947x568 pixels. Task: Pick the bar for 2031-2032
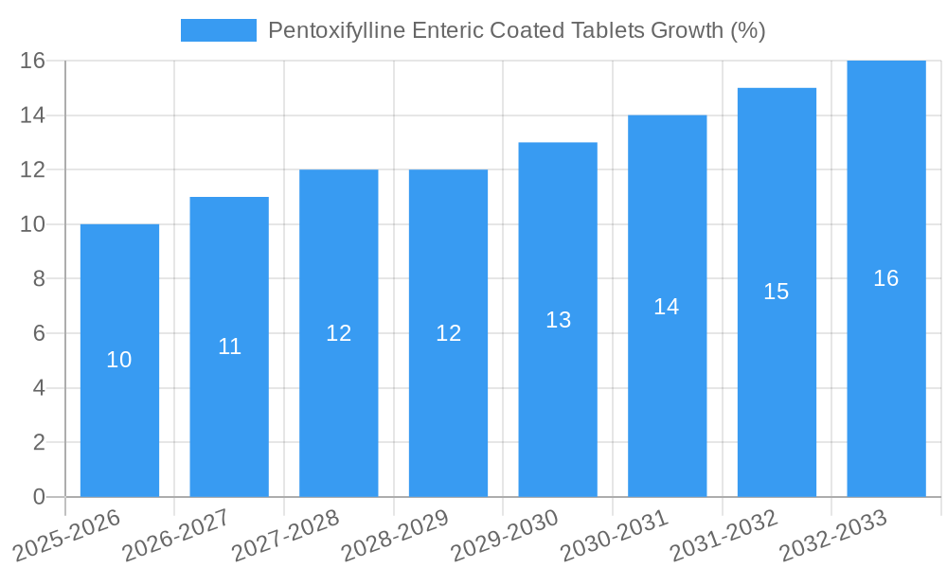777,398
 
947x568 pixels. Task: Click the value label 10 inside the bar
119,360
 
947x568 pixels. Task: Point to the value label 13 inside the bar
558,320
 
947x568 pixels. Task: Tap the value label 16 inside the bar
886,278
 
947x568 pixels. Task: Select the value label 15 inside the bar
777,292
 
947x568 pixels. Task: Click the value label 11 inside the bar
229,346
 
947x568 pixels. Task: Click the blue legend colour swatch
218,30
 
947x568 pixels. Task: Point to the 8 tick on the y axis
39,279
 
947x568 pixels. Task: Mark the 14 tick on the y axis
33,115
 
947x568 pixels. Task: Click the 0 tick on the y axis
39,497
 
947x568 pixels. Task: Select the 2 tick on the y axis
39,442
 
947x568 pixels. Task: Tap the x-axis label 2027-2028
285,536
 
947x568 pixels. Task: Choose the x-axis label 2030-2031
614,536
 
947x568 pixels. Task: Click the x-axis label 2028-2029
395,536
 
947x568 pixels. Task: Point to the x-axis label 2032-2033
832,536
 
